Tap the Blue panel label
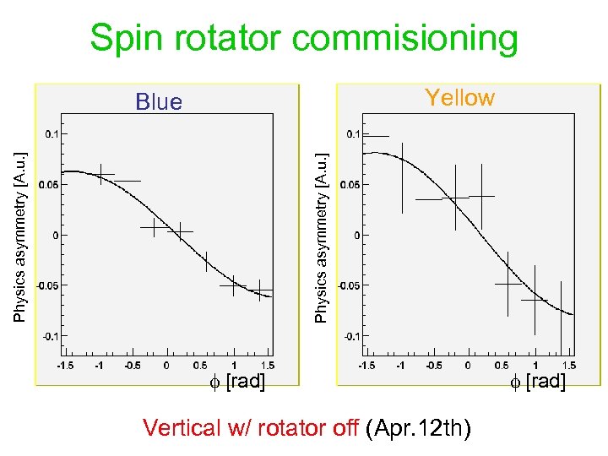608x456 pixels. (x=159, y=102)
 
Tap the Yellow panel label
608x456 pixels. (x=459, y=98)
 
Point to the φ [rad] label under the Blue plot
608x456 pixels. (x=237, y=382)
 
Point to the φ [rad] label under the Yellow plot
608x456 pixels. (x=537, y=381)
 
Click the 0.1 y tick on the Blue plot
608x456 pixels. (x=53, y=133)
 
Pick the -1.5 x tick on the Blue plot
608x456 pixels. (x=65, y=365)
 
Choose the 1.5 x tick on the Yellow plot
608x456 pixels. (x=569, y=365)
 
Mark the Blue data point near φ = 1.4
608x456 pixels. (x=260, y=290)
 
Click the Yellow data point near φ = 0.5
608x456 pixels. (x=508, y=285)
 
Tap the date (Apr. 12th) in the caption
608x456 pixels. (x=419, y=428)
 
